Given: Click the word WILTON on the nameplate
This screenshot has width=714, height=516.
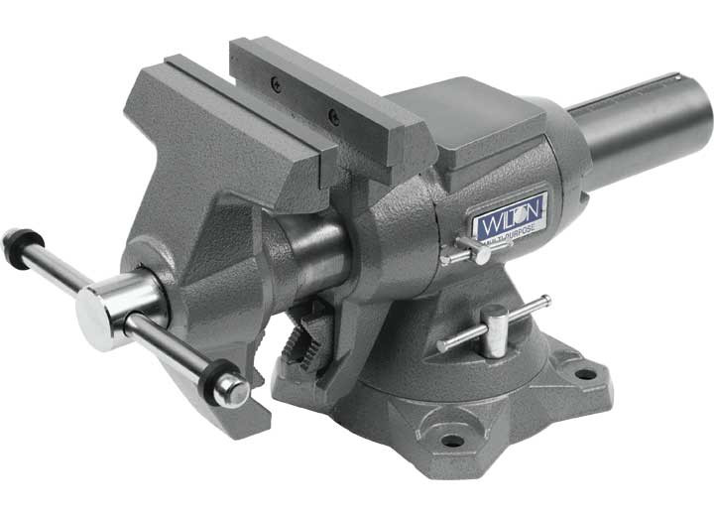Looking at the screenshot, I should pos(508,216).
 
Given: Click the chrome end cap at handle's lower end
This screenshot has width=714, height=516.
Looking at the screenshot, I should pos(231,390).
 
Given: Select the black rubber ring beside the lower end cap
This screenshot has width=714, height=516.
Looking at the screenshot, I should pos(211,376).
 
